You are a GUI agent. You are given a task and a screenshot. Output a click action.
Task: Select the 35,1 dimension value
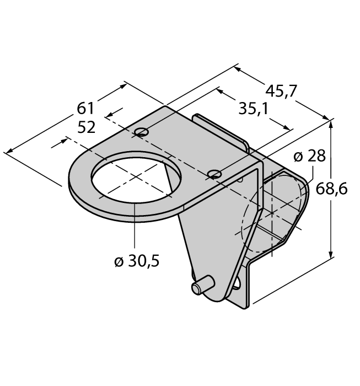[253, 109]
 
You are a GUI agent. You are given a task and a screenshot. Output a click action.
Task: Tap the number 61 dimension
[85, 109]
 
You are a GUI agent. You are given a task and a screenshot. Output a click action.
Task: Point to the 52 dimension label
[86, 128]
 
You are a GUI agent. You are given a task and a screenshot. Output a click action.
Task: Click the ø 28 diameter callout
[309, 156]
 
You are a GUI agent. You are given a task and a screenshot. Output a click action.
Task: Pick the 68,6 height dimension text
[331, 189]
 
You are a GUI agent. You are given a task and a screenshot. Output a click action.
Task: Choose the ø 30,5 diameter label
[137, 261]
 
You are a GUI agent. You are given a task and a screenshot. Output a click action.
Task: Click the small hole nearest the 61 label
[142, 132]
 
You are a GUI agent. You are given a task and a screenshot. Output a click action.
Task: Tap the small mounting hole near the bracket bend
[214, 174]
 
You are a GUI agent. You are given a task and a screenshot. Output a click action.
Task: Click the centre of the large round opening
[136, 177]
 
